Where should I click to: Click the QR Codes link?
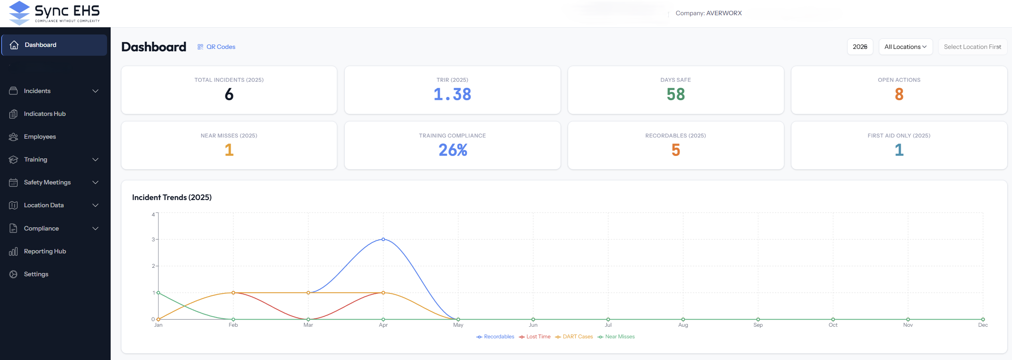point(221,47)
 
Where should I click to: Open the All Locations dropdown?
point(905,47)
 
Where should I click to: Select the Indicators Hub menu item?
point(45,114)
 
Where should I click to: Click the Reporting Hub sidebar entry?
point(45,251)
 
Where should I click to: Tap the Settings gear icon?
point(13,274)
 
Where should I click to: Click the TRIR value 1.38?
point(452,95)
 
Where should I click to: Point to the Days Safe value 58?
point(676,95)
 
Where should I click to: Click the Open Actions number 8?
point(899,95)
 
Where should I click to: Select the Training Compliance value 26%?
point(452,150)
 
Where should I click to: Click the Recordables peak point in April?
point(383,239)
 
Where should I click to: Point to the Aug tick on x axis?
point(683,325)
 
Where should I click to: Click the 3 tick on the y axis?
point(153,239)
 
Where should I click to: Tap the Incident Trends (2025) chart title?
point(172,198)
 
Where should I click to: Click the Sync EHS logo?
point(54,13)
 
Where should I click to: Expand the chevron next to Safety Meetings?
point(95,182)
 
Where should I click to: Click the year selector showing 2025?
point(860,47)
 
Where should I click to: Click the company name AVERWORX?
point(724,13)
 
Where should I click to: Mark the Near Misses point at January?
point(158,293)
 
